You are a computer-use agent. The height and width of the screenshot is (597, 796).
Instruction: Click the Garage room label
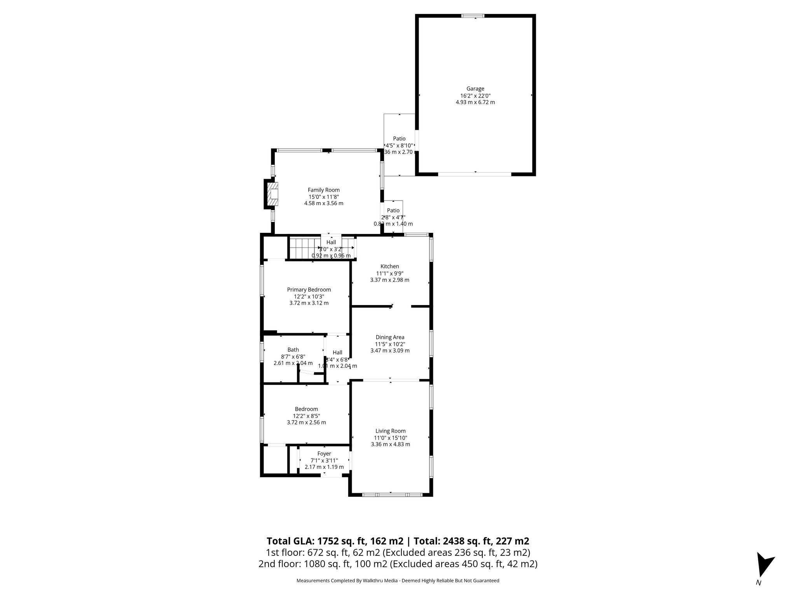tap(475, 89)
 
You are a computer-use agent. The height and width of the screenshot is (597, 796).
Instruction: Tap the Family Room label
tap(323, 190)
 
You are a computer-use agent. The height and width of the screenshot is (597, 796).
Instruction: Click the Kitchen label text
tap(389, 266)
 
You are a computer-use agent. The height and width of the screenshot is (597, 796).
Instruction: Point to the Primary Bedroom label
tap(309, 290)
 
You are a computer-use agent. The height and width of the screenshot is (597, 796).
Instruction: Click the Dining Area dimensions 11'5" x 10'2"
tap(389, 344)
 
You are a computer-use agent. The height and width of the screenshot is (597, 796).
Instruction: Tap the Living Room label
tap(390, 431)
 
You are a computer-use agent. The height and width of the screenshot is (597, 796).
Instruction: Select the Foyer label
tap(324, 454)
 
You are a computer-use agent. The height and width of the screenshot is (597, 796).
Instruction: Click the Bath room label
tap(293, 350)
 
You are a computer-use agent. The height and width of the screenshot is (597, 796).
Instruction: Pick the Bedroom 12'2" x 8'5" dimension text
tap(306, 416)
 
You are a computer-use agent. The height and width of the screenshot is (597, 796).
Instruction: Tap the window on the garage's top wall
tap(473, 16)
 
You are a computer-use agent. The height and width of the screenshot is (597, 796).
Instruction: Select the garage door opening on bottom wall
tap(475, 174)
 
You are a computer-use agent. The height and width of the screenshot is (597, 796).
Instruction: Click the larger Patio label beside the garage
tap(399, 139)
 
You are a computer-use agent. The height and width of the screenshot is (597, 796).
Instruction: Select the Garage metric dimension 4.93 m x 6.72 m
tap(475, 102)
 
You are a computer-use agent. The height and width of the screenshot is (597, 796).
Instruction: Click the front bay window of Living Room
tap(392, 495)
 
